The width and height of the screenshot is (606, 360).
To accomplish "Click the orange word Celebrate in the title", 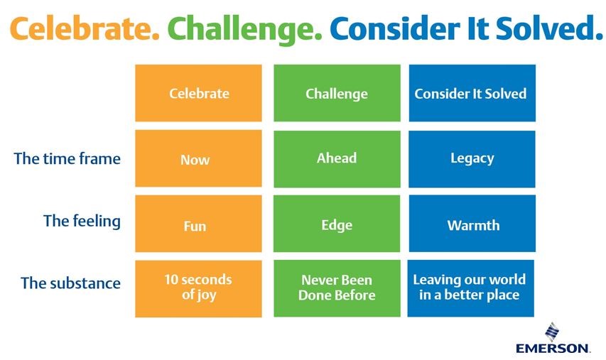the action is (x=85, y=29).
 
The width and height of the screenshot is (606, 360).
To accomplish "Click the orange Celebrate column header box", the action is (x=198, y=93).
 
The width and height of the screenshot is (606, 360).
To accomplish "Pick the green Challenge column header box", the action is (x=337, y=93).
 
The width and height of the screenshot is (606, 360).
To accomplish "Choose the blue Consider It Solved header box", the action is (x=472, y=93).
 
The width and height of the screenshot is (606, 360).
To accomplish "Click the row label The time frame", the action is (x=67, y=159).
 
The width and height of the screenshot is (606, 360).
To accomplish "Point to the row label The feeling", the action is (x=82, y=222).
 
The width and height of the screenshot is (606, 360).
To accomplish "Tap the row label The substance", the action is (x=71, y=283).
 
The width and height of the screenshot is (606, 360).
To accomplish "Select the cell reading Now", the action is (x=198, y=158).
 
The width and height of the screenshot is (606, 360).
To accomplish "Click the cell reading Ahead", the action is (x=337, y=159).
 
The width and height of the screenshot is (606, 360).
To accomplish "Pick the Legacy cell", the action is (x=472, y=159).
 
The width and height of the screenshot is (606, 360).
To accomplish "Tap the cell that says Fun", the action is (x=198, y=224).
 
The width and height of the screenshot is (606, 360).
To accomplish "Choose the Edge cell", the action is (x=337, y=224).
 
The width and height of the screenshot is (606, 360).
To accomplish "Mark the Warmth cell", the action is (x=472, y=224).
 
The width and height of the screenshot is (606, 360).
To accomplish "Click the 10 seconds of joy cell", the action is (x=198, y=289).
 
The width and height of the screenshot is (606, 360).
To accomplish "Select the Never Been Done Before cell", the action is (x=337, y=288).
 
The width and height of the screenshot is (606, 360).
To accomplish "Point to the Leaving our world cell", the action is (x=471, y=288).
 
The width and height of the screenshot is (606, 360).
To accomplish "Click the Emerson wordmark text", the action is (x=553, y=348).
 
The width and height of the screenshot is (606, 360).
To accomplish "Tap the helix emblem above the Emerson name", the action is (x=552, y=332).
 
